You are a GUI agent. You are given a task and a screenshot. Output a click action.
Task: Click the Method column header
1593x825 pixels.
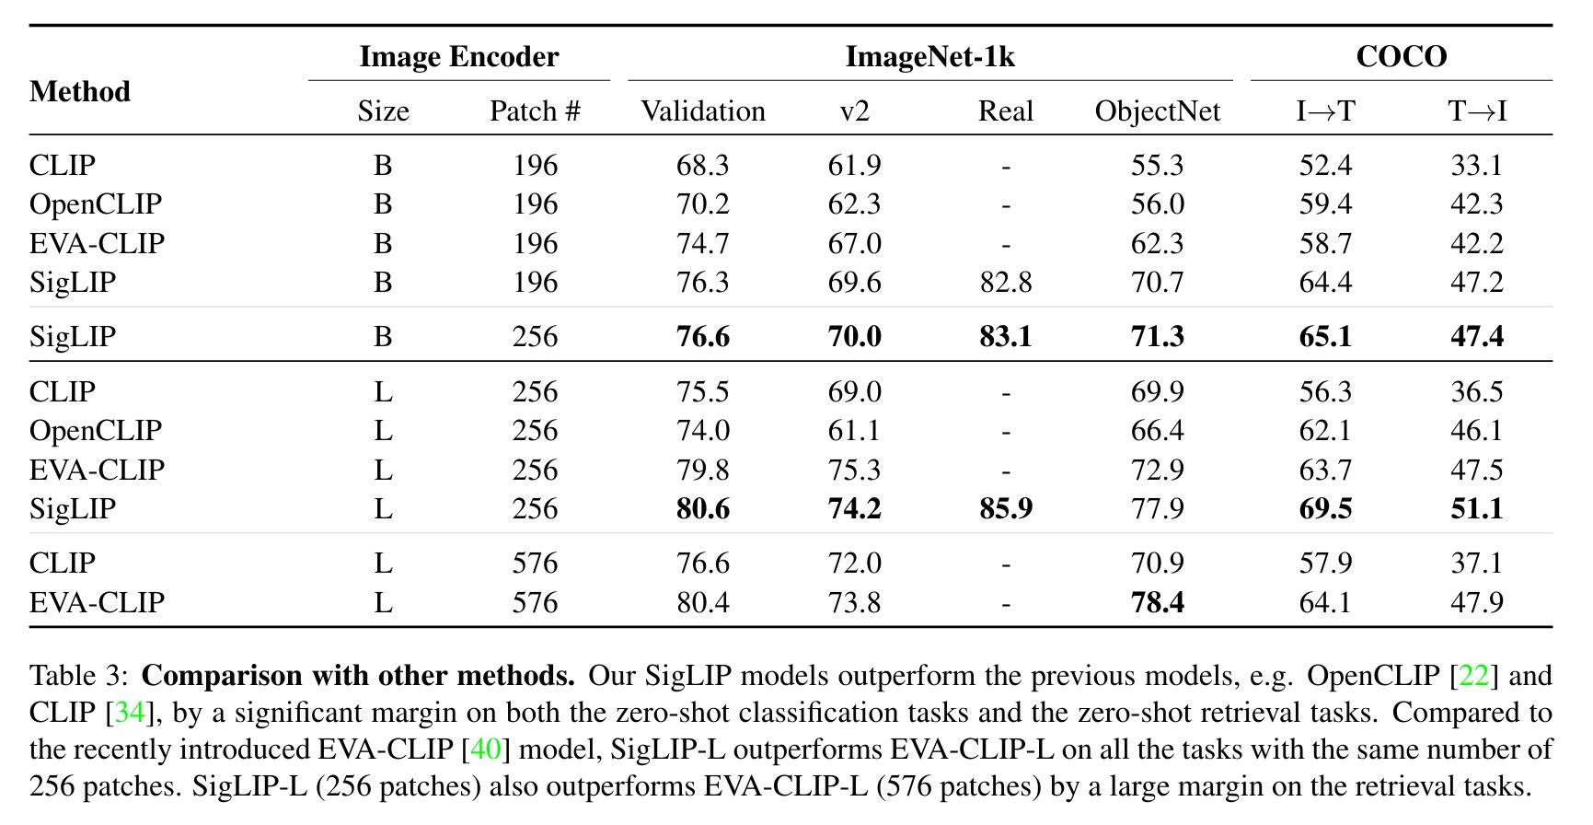[x=80, y=92]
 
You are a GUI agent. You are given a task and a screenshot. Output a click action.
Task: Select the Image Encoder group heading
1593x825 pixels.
[x=458, y=57]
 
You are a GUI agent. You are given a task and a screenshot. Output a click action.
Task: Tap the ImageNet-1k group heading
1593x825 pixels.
[x=929, y=57]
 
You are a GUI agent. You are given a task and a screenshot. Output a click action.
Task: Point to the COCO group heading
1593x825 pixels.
[x=1401, y=57]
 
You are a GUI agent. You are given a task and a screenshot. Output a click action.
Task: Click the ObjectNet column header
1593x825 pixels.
[x=1157, y=111]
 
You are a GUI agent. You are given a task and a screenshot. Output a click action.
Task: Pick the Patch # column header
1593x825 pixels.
[x=535, y=111]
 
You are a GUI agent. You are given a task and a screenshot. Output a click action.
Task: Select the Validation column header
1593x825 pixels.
[x=703, y=111]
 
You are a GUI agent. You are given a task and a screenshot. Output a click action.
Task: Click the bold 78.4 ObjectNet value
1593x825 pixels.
[x=1157, y=602]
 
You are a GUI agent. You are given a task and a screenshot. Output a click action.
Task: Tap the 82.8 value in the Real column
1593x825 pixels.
[x=1006, y=282]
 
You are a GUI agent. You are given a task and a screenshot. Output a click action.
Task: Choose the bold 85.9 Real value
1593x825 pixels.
[x=1006, y=508]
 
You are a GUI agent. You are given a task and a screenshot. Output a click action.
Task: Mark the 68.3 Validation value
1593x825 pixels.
[x=703, y=165]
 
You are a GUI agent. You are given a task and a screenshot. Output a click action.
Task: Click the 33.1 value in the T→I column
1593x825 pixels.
[x=1476, y=165]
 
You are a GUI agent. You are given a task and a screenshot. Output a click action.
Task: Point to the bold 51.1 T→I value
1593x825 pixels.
[x=1476, y=508]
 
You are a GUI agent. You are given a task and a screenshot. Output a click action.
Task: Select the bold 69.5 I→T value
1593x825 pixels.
[x=1325, y=508]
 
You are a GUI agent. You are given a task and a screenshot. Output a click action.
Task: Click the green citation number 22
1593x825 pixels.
[x=1473, y=676]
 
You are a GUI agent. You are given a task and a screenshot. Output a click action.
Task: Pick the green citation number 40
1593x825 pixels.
[x=485, y=749]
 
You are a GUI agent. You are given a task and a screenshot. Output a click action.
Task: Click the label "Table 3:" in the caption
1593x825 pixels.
[x=78, y=676]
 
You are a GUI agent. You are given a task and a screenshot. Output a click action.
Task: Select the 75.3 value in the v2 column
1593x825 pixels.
[x=854, y=470]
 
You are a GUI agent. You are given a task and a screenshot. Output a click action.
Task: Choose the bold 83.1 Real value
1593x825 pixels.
[x=1006, y=336]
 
